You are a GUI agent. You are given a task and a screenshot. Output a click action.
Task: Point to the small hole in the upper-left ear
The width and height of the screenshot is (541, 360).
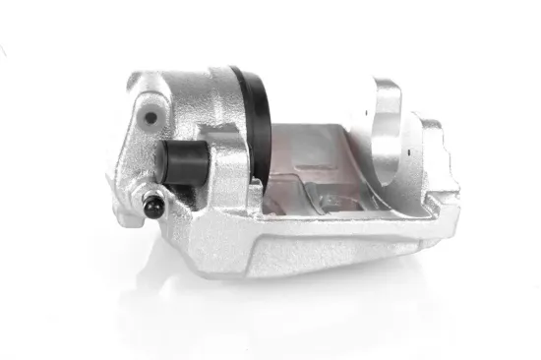tap(150, 118)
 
